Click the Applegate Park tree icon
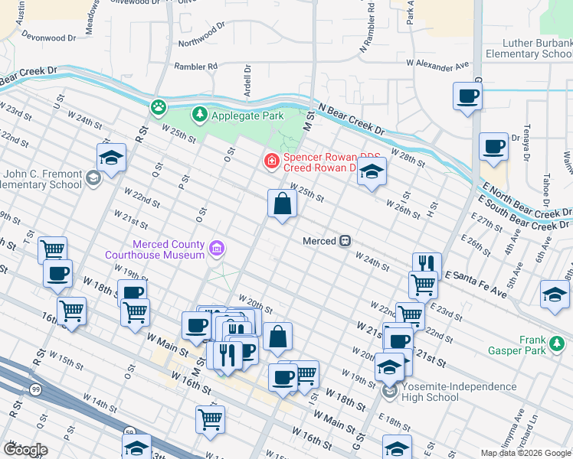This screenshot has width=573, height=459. pyautogui.click(x=200, y=115)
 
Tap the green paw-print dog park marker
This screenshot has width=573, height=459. pyautogui.click(x=159, y=106)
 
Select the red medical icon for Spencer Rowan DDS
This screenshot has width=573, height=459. pyautogui.click(x=270, y=161)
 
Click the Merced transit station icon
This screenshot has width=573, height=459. pyautogui.click(x=345, y=241)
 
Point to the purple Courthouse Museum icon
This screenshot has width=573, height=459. pyautogui.click(x=217, y=248)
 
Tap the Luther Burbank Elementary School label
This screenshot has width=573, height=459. pyautogui.click(x=528, y=49)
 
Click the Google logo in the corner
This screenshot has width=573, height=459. pyautogui.click(x=25, y=449)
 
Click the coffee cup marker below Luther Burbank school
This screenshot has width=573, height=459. pyautogui.click(x=467, y=97)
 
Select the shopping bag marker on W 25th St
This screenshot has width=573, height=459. pyautogui.click(x=282, y=203)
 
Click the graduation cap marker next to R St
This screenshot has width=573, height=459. pyautogui.click(x=112, y=158)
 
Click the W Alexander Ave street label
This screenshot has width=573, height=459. pyautogui.click(x=437, y=66)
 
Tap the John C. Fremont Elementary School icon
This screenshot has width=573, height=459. pyautogui.click(x=93, y=179)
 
